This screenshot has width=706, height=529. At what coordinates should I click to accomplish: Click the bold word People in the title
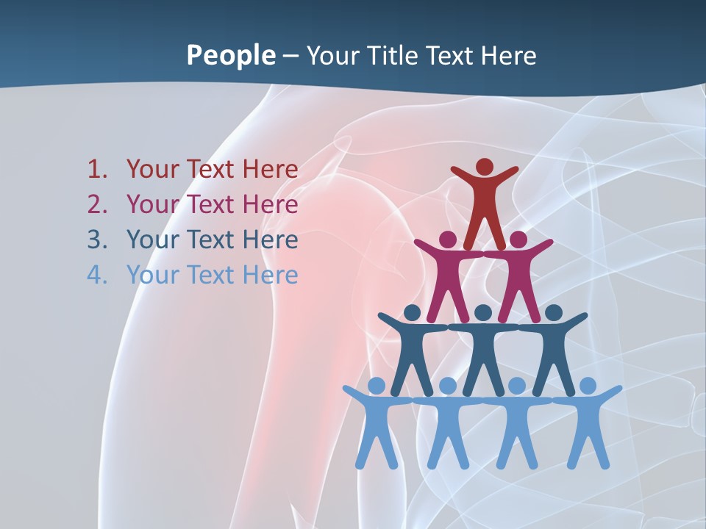pos(230,55)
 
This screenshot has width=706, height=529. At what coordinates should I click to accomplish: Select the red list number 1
pos(97,170)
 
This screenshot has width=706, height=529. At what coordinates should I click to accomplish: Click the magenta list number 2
pos(97,204)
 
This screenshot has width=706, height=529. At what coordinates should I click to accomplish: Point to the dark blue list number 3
pos(97,240)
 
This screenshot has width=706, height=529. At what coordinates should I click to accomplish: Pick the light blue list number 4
pos(97,275)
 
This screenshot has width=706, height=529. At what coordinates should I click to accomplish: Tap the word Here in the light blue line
pos(270,275)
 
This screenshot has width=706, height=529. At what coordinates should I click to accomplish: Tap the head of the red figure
pos(484,167)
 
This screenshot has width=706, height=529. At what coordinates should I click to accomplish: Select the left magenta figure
pos(448,276)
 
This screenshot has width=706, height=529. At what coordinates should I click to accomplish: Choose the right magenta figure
pos(518,276)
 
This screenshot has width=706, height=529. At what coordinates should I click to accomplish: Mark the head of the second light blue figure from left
pos(448,386)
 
